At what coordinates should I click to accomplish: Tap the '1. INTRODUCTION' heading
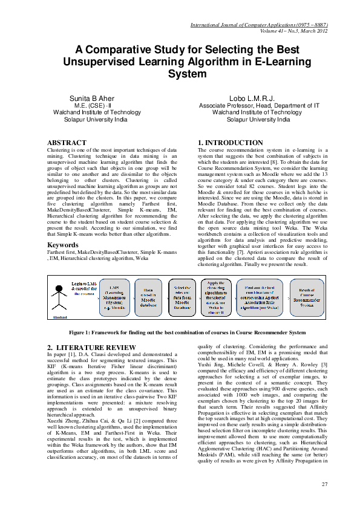pos(231,143)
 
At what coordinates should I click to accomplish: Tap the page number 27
pos(324,485)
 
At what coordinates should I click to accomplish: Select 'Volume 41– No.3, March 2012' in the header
pos(294,31)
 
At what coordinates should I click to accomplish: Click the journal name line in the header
pos(259,26)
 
